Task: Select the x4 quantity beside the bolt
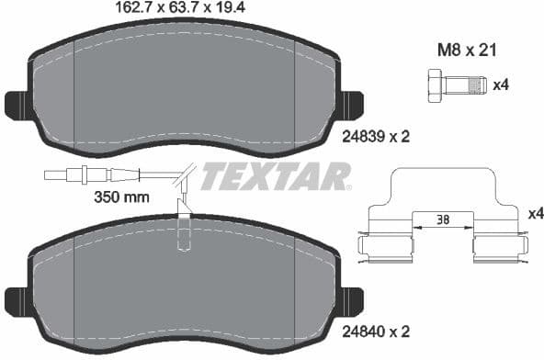(501, 86)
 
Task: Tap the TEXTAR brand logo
(275, 176)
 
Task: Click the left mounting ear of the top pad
(17, 104)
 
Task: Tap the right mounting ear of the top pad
(350, 104)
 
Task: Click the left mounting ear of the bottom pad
(17, 299)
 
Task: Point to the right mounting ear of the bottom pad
(350, 299)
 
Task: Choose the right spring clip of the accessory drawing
(497, 245)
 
